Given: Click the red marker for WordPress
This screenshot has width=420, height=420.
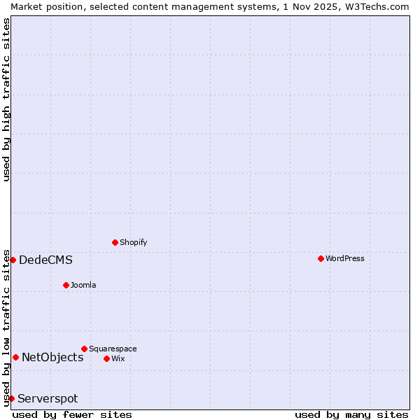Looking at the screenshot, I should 321,258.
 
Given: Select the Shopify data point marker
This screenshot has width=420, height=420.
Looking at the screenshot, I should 115,242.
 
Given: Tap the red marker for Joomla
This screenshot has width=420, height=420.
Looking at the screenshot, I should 66,285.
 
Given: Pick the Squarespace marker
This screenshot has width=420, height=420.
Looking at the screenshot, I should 84,349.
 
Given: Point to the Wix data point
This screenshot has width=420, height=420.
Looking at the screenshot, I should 106,358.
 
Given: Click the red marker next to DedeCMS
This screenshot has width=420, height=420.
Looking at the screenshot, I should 13,260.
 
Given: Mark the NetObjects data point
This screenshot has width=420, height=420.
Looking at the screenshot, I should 15,357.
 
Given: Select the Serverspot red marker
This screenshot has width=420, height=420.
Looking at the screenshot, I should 11,398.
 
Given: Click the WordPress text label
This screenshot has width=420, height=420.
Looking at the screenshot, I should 345,258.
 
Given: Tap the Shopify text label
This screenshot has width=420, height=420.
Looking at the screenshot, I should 134,242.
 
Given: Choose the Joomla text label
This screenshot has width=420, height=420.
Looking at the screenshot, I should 83,285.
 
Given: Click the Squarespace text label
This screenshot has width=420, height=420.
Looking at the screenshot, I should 113,349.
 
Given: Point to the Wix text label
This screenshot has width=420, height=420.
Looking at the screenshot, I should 118,358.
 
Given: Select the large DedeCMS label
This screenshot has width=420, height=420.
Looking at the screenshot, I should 45,260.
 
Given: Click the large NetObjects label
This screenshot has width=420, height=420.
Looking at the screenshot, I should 52,358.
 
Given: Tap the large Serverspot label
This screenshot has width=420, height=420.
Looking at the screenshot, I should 48,399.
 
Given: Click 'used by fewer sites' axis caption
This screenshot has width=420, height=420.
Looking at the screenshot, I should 72,414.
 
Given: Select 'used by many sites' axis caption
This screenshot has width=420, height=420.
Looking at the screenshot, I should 351,414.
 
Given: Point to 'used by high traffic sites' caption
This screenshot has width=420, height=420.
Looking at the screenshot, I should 6,99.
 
